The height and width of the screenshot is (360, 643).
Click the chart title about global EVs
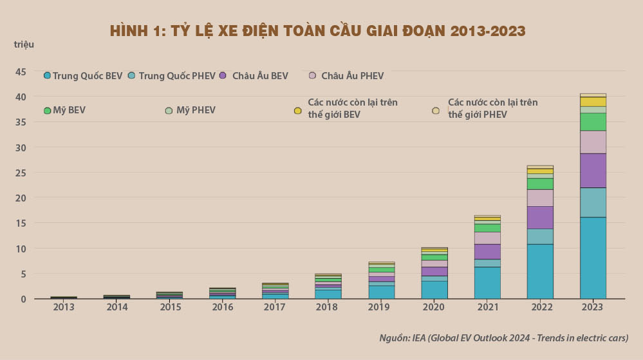tap(317, 30)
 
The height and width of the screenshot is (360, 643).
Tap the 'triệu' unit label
tap(24, 44)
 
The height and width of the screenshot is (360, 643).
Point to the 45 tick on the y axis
tap(21, 71)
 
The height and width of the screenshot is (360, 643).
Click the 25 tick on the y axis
tap(21, 173)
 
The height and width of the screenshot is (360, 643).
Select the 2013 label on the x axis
tap(64, 307)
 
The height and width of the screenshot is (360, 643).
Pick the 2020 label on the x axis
tap(434, 307)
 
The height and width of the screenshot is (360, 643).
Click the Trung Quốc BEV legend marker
tap(47, 76)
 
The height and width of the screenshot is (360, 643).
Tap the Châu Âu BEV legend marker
tap(223, 76)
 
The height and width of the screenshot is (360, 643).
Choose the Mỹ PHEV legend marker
tap(169, 110)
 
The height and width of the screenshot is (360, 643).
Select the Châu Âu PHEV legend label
tap(352, 76)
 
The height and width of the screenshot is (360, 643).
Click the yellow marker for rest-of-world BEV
tap(297, 111)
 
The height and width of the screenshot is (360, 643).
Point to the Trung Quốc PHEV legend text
tap(176, 76)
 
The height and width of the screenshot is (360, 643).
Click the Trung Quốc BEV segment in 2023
tap(593, 258)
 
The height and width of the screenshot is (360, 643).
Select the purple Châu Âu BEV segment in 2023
tap(593, 171)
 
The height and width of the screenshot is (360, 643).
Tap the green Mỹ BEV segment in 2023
tap(593, 122)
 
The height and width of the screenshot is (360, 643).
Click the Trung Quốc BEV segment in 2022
tap(540, 271)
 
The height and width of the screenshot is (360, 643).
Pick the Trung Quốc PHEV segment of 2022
tap(540, 236)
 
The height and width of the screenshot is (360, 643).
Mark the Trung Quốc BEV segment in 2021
tap(487, 283)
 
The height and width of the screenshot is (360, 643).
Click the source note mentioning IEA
tap(503, 337)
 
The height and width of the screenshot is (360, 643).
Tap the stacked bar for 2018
tap(329, 287)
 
